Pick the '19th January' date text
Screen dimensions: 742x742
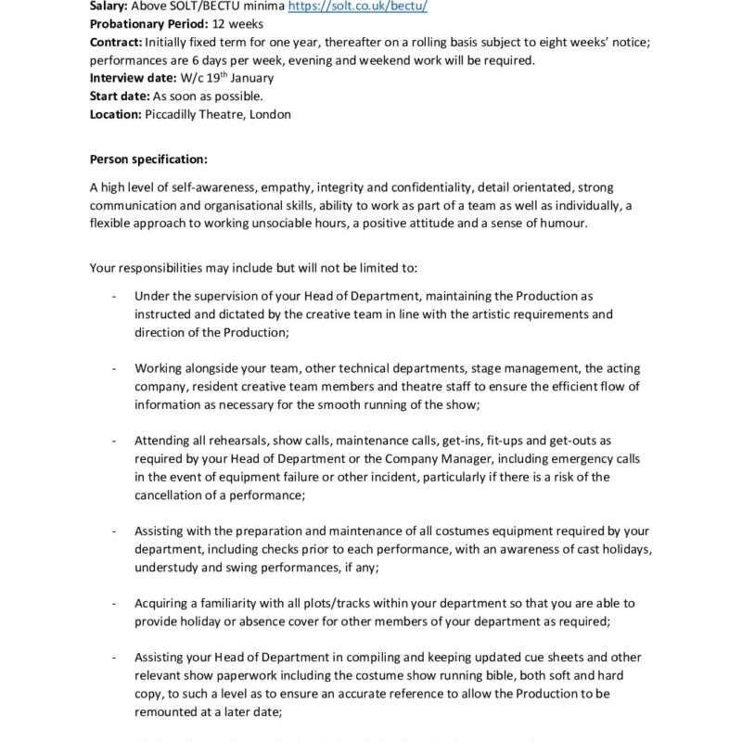click(x=241, y=79)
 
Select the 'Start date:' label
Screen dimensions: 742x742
click(x=120, y=96)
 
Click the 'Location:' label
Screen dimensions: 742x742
click(x=116, y=115)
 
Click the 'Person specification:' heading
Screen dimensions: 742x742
click(x=149, y=159)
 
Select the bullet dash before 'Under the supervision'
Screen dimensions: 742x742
click(x=113, y=296)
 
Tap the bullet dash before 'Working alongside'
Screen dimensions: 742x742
click(x=113, y=368)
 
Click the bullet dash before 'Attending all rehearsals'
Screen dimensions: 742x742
click(x=113, y=441)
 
